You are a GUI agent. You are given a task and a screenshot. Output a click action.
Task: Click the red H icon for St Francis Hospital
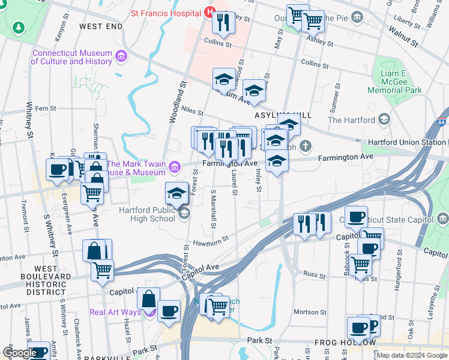(x=209, y=11)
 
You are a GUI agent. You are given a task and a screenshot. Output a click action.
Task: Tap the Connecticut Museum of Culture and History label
(x=72, y=57)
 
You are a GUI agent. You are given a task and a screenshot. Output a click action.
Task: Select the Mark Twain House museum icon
(x=175, y=166)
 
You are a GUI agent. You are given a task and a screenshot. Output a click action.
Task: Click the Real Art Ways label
(x=116, y=312)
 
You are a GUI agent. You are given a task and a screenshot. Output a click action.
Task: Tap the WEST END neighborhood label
(x=100, y=26)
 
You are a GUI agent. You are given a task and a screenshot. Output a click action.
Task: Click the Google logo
(x=20, y=353)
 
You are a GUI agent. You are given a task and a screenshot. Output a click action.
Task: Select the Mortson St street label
(x=310, y=312)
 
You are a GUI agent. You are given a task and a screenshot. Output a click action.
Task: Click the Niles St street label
(x=193, y=112)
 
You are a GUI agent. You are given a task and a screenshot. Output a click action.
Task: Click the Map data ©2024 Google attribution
(x=411, y=355)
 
